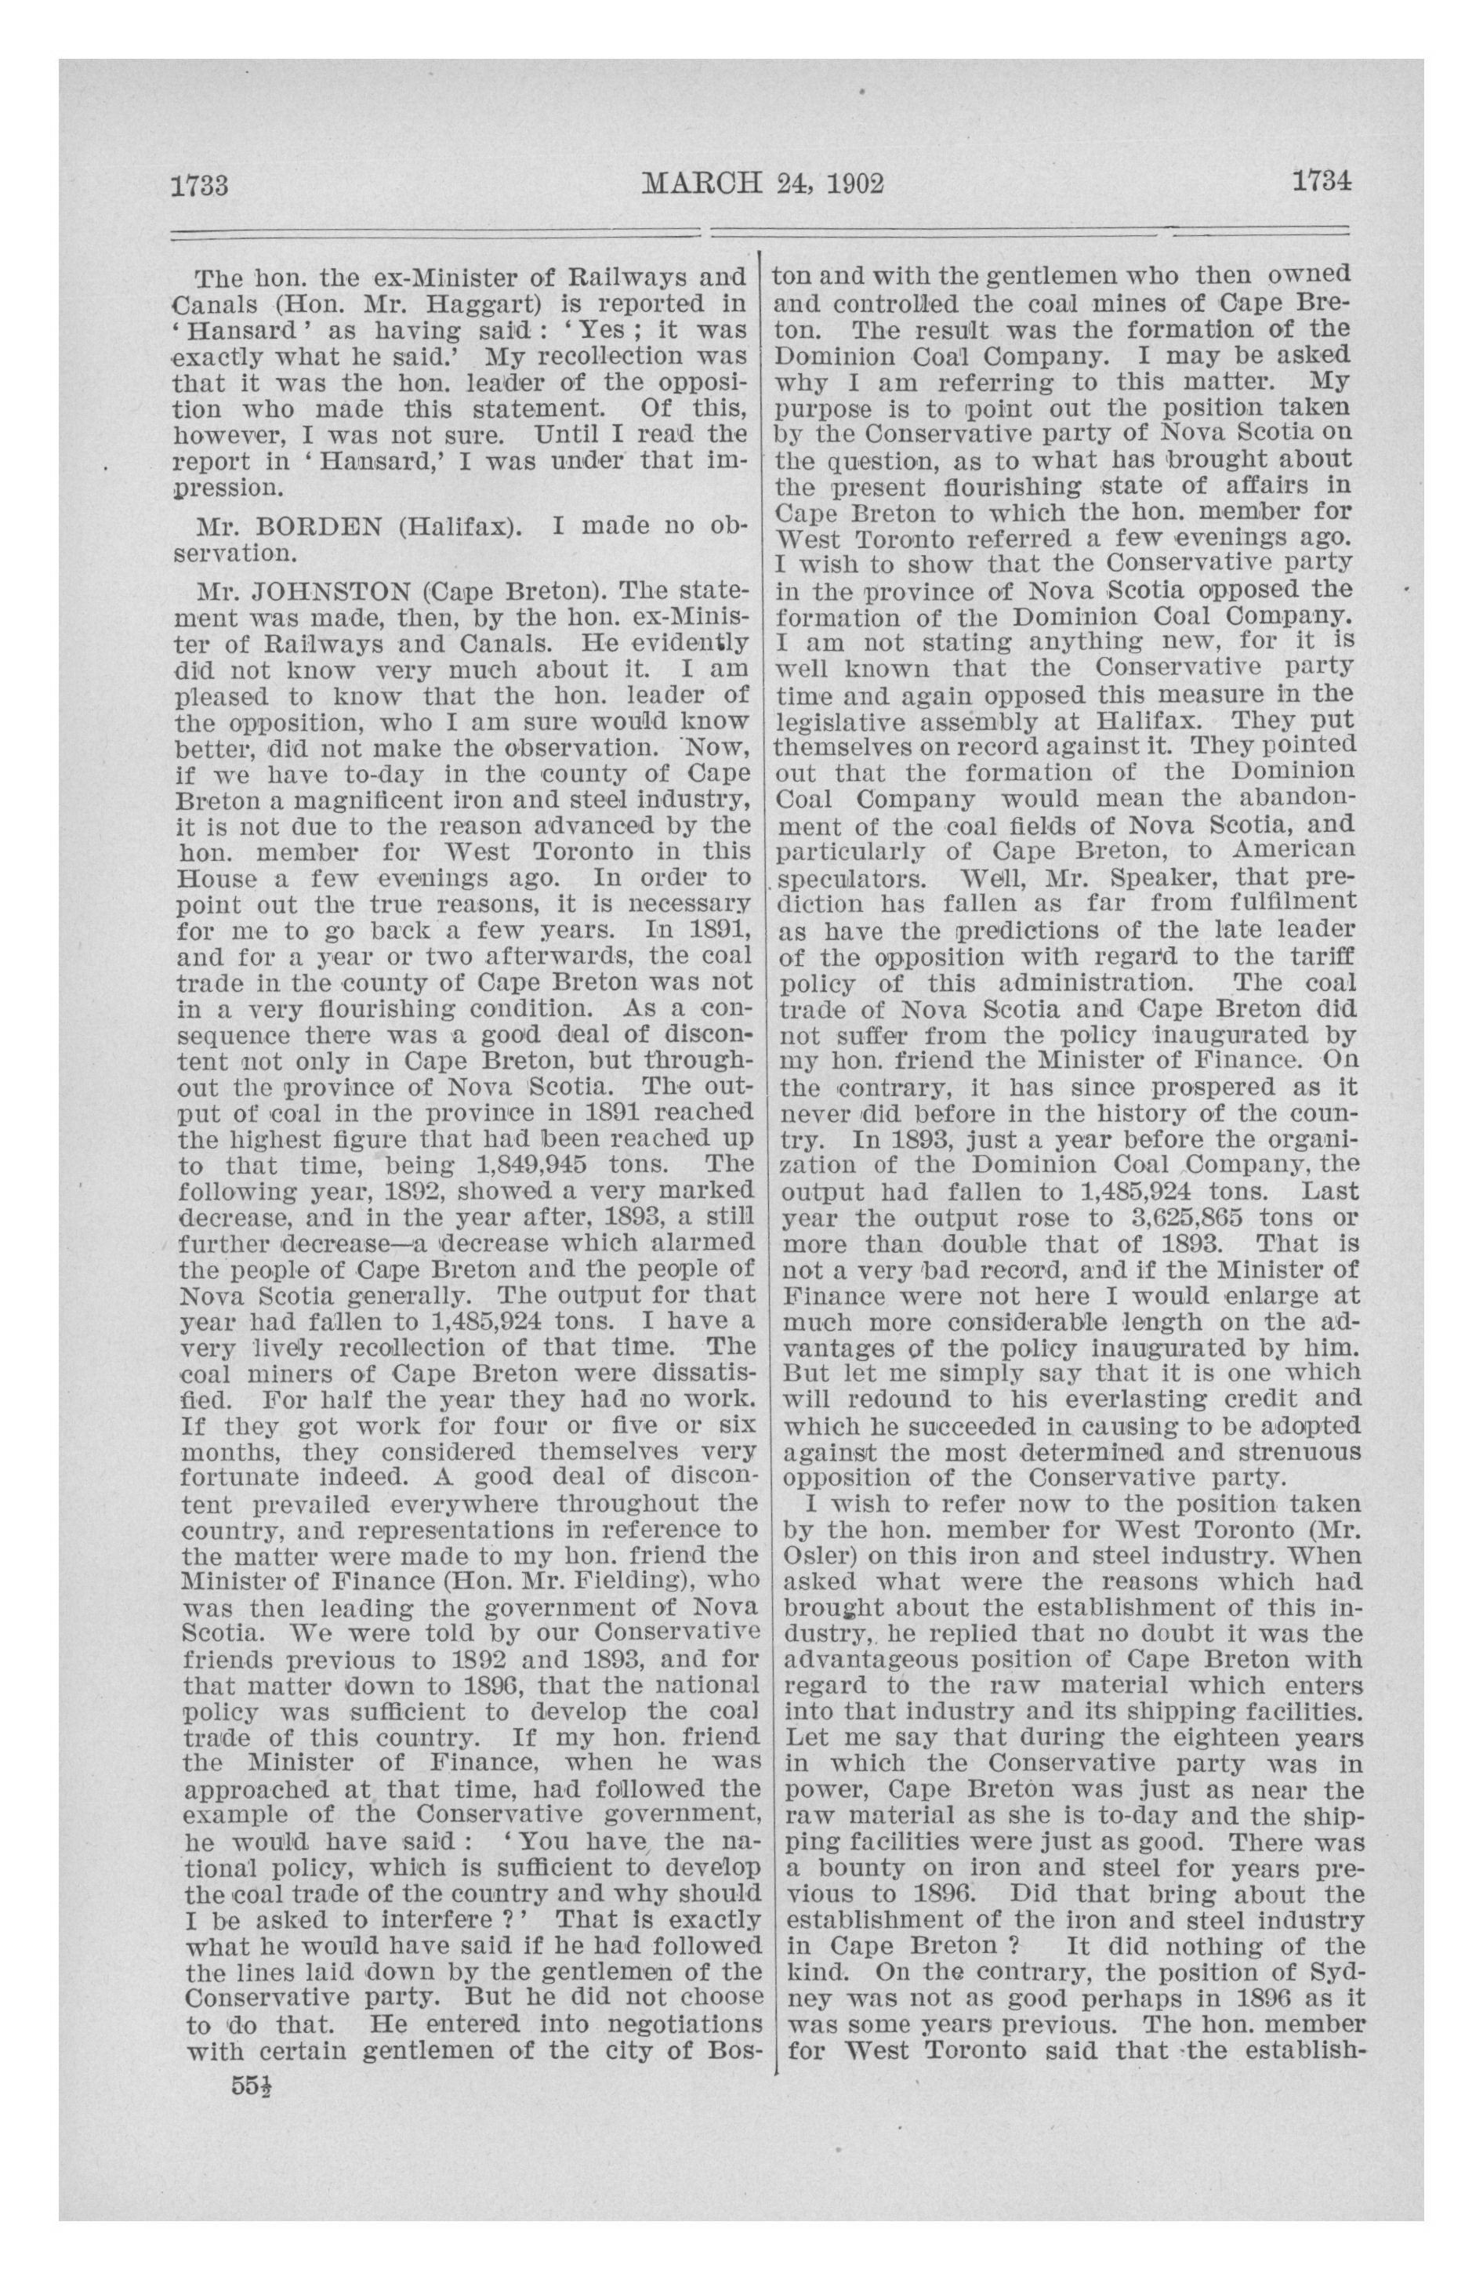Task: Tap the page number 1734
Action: point(1320,181)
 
